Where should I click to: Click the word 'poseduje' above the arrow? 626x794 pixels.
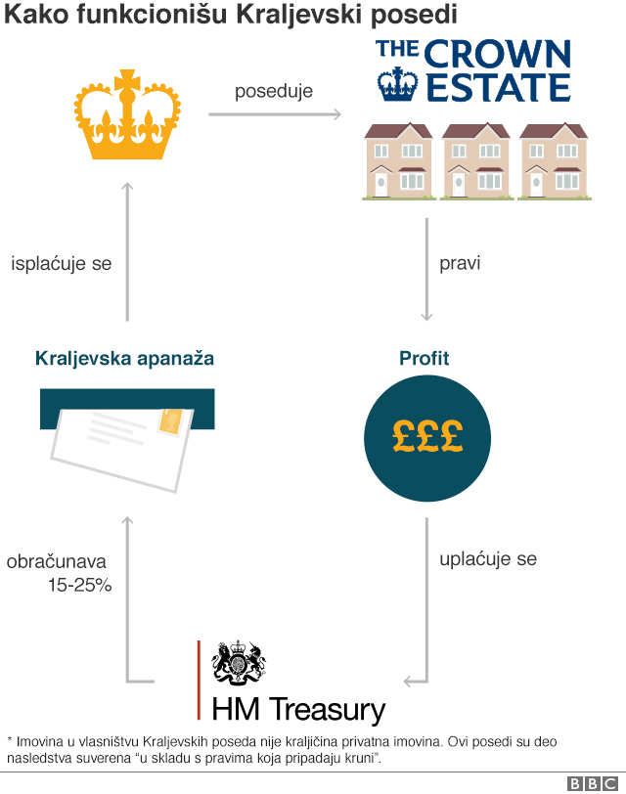click(x=274, y=92)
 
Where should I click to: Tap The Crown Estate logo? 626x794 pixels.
click(x=473, y=69)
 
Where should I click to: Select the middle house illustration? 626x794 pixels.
click(x=475, y=160)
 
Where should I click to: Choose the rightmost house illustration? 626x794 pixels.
click(x=554, y=160)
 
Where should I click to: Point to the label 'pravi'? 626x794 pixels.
click(x=460, y=263)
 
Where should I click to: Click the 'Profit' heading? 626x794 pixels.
click(x=425, y=358)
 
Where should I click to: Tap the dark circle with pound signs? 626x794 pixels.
click(x=426, y=436)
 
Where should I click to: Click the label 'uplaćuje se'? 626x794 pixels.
click(x=488, y=559)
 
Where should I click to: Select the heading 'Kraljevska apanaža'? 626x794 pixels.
click(x=124, y=359)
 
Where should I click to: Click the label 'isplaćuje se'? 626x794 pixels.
click(x=61, y=264)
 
